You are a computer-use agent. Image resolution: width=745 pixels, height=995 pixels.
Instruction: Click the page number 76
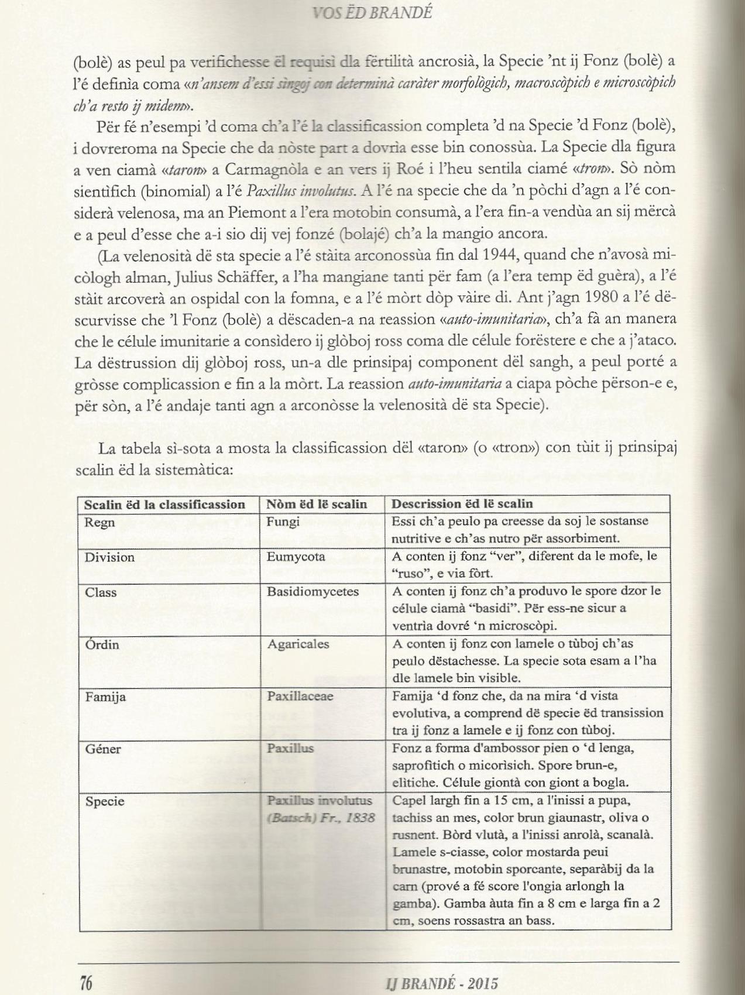(x=86, y=982)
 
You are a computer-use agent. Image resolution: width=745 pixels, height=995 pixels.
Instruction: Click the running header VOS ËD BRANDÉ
(x=372, y=12)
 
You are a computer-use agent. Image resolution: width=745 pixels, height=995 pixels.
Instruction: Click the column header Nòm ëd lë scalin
(x=317, y=504)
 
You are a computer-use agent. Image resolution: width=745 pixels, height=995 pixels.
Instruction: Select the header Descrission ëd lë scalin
(x=462, y=503)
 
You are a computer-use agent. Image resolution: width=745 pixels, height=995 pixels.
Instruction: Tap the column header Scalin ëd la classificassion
(x=164, y=504)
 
